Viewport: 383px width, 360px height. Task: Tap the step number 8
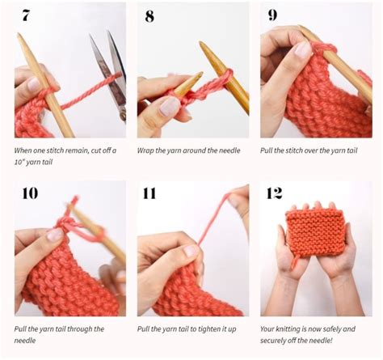point(149,15)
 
